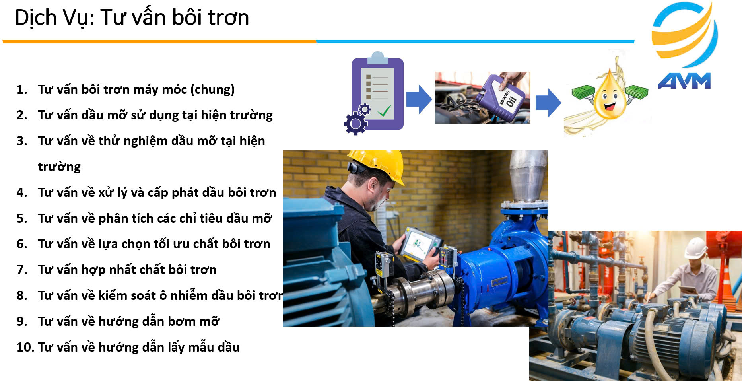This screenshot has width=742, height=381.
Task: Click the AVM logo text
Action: tap(684, 81)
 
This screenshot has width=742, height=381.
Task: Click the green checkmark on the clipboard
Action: tap(385, 110)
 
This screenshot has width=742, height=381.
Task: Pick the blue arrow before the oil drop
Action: tap(548, 103)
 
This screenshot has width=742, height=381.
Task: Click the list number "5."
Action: tap(22, 218)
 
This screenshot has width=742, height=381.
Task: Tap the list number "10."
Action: tap(25, 347)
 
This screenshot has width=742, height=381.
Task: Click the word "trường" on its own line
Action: tap(59, 167)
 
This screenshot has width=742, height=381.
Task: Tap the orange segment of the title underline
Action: tap(159, 41)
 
